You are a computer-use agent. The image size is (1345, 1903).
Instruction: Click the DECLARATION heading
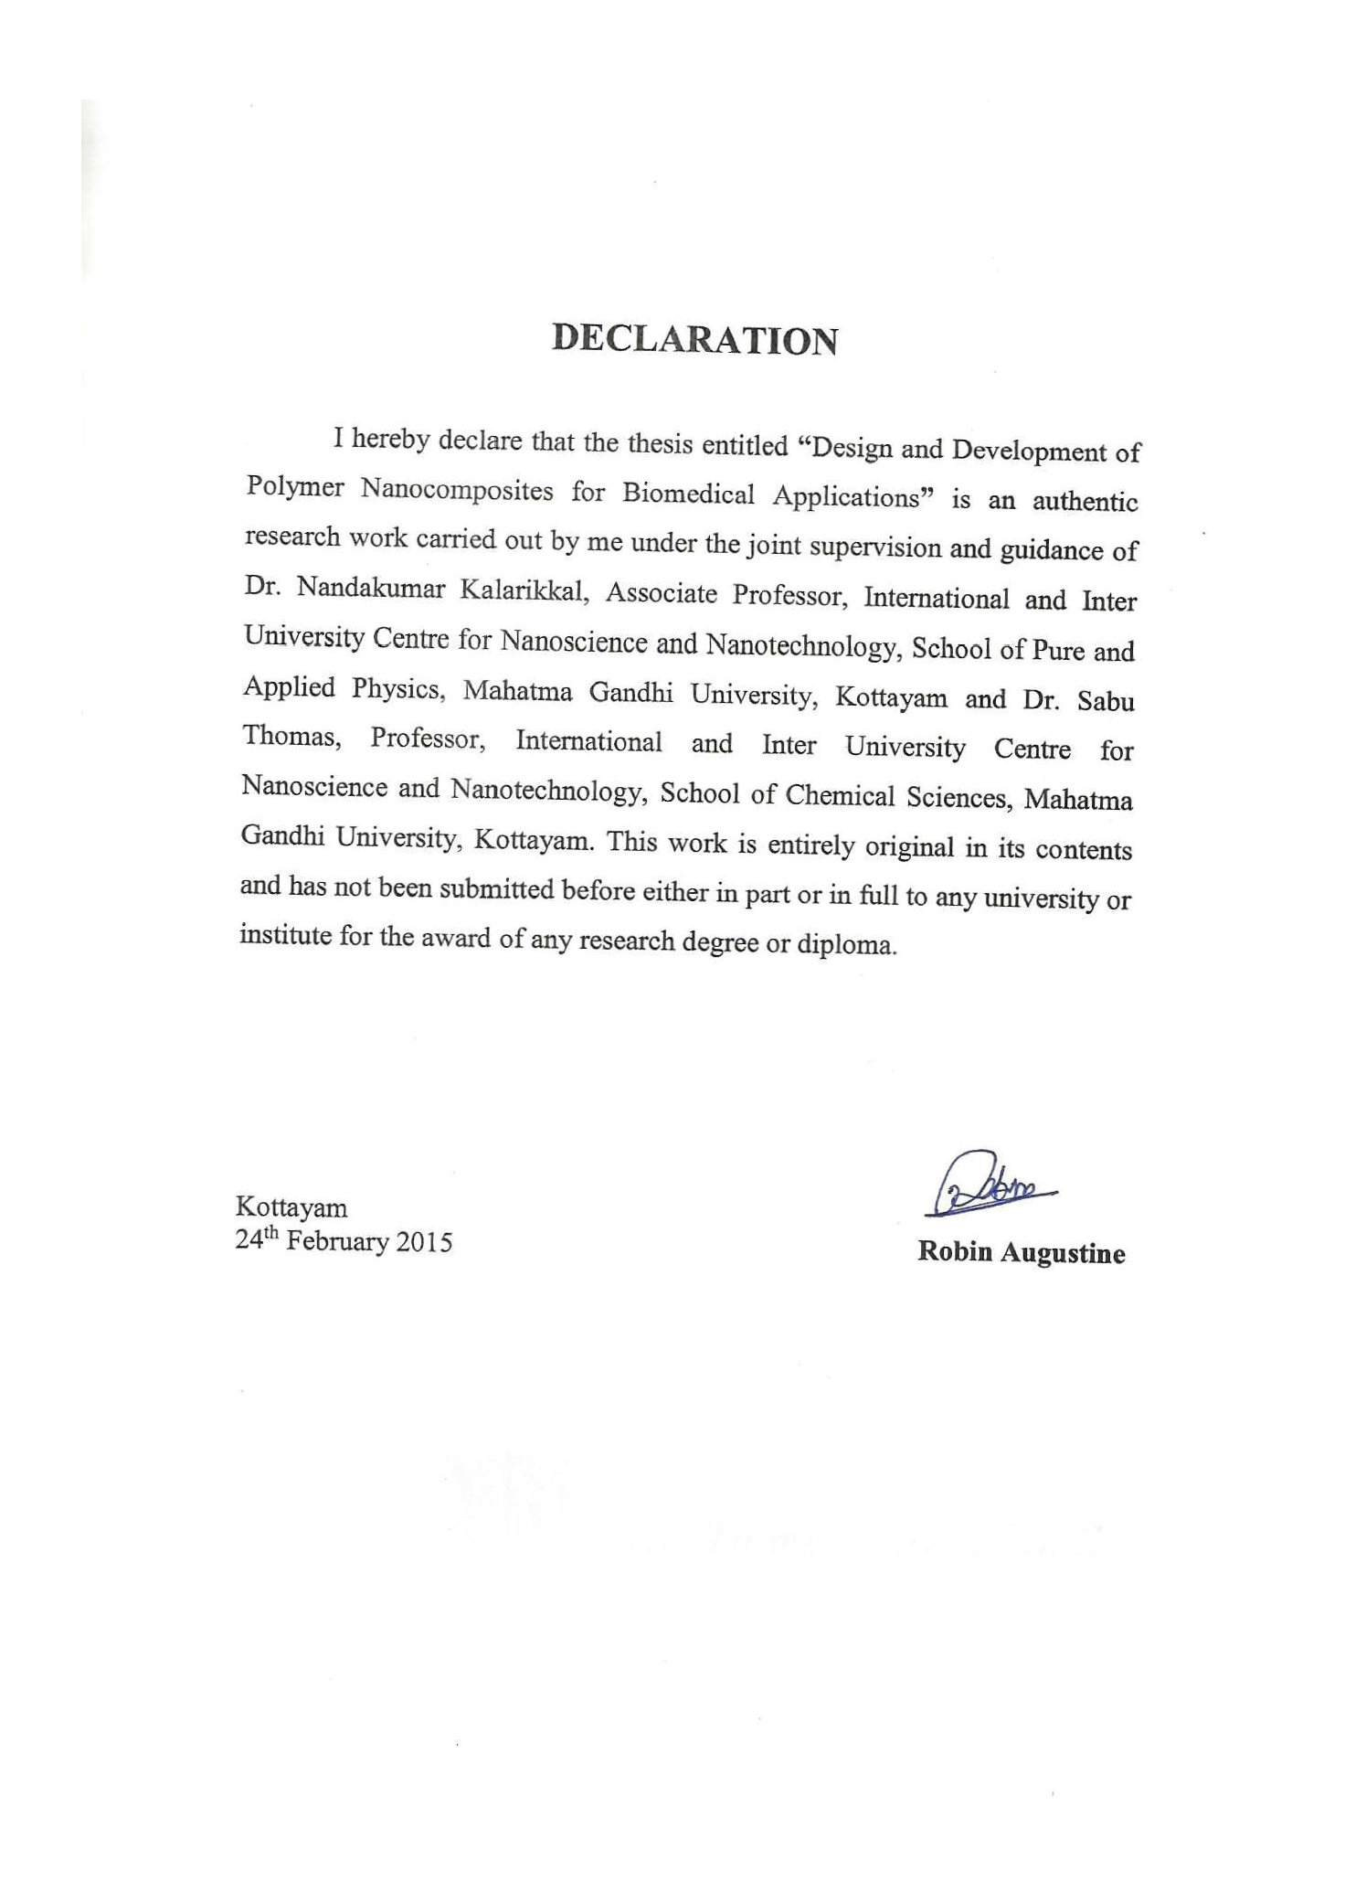tap(694, 339)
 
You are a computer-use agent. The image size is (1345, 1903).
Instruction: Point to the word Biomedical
tap(689, 494)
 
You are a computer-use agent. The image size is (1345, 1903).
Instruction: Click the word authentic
tap(1085, 502)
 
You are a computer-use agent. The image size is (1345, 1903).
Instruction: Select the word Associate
tap(661, 594)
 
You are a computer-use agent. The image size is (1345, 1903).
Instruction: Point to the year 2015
tap(424, 1242)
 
